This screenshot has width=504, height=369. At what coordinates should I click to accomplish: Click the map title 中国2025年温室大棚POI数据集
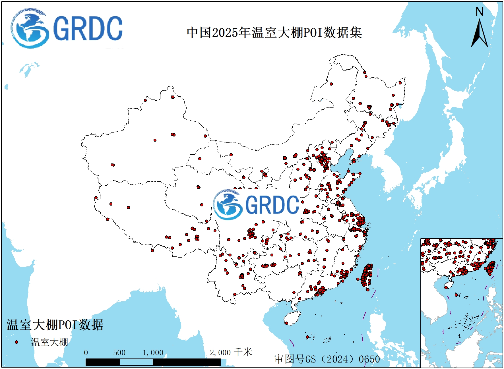click(274, 32)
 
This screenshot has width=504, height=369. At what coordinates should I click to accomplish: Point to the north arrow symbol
click(480, 34)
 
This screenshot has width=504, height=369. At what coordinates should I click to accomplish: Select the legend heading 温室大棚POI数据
click(55, 325)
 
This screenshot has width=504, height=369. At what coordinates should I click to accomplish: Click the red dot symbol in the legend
click(16, 342)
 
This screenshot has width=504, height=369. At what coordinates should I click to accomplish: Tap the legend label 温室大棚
click(49, 342)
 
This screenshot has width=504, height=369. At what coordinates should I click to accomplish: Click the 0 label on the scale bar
click(86, 353)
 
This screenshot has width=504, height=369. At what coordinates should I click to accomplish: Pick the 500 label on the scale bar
click(119, 353)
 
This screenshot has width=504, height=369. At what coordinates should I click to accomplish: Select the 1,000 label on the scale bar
click(153, 353)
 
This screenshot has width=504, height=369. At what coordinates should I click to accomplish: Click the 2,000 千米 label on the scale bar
click(231, 353)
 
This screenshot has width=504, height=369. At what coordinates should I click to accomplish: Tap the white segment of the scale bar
click(136, 362)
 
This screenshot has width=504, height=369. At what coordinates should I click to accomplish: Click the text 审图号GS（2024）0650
click(327, 359)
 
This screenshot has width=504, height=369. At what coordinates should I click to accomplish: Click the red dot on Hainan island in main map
click(286, 323)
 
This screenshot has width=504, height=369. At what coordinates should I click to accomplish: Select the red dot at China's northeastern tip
click(400, 83)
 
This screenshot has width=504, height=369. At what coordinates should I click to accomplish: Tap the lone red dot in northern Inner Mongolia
click(331, 84)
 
